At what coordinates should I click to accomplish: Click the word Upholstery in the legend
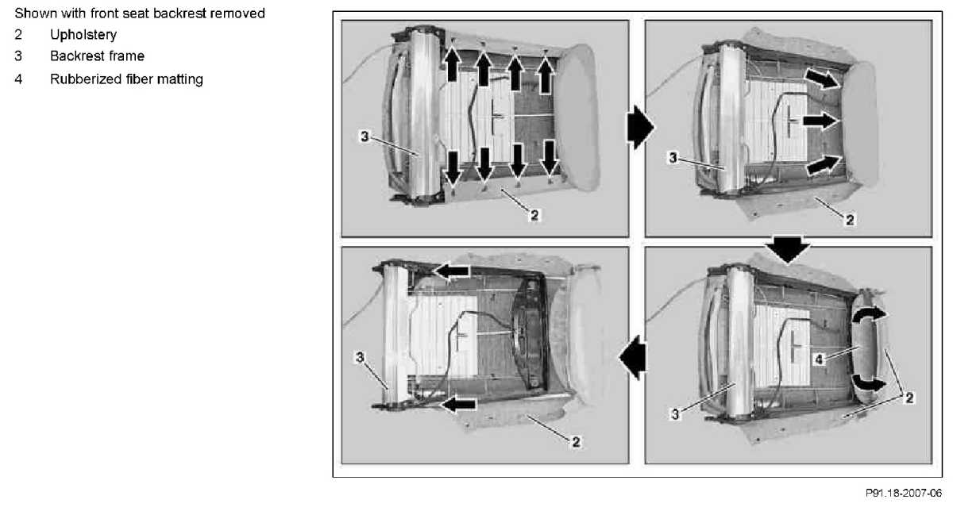[83, 35]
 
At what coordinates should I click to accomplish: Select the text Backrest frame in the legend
[97, 56]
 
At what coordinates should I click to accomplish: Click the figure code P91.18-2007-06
[904, 493]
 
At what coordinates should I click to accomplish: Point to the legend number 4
[18, 79]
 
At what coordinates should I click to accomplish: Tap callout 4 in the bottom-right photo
[819, 359]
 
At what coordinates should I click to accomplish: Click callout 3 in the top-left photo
[365, 136]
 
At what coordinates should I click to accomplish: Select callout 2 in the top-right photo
[850, 220]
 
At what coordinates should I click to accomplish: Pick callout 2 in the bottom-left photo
[576, 442]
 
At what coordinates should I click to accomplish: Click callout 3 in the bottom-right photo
[675, 414]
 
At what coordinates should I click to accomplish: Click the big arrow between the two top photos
[640, 127]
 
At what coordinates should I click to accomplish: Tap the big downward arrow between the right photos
[788, 250]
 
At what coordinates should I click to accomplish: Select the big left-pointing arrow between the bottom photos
[632, 357]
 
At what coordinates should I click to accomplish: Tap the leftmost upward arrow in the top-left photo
[452, 63]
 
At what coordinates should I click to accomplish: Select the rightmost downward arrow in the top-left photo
[550, 158]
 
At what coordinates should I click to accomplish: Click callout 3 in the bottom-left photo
[360, 357]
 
